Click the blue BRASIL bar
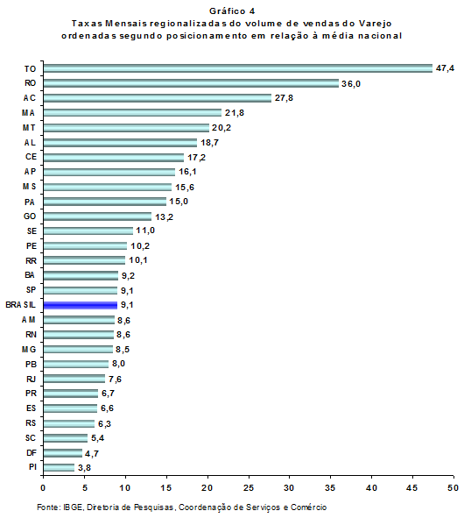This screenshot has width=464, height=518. pyautogui.click(x=81, y=305)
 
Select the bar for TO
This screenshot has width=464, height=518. pyautogui.click(x=238, y=68)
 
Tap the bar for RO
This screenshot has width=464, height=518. pyautogui.click(x=191, y=83)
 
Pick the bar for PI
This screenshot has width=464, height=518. pyautogui.click(x=59, y=467)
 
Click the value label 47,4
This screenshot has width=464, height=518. pyautogui.click(x=445, y=68)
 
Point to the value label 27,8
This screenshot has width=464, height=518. pyautogui.click(x=284, y=98)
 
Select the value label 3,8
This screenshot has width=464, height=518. pyautogui.click(x=84, y=468)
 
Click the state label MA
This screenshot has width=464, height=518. pyautogui.click(x=28, y=113)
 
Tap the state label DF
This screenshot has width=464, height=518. pyautogui.click(x=32, y=452)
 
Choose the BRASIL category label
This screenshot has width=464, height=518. pyautogui.click(x=20, y=305)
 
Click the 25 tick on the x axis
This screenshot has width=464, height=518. pyautogui.click(x=249, y=487)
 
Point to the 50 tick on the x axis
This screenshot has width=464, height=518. pyautogui.click(x=453, y=487)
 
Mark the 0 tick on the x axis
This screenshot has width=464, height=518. pyautogui.click(x=43, y=487)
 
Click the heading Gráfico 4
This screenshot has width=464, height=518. pyautogui.click(x=232, y=11)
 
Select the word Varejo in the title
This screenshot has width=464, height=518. pyautogui.click(x=376, y=24)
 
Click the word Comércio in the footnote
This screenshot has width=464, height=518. pyautogui.click(x=308, y=507)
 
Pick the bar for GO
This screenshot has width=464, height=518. pyautogui.click(x=97, y=216)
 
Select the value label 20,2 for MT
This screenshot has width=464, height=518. pyautogui.click(x=221, y=128)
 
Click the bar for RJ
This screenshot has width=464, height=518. pyautogui.click(x=74, y=379)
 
